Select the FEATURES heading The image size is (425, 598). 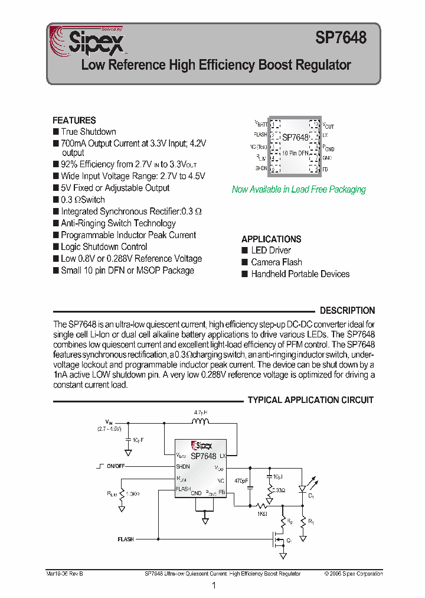tap(74, 121)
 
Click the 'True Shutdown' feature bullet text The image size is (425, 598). tap(89, 132)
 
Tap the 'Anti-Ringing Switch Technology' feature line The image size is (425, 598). tap(118, 223)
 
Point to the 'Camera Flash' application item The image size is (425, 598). tap(276, 262)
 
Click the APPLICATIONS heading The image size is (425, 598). tap(272, 239)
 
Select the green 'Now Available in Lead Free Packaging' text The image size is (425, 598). tap(299, 190)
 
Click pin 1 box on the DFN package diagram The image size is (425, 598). tap(275, 125)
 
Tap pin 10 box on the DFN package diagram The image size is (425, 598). tap(314, 125)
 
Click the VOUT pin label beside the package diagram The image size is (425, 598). tap(328, 125)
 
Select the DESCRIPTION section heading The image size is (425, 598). tap(347, 310)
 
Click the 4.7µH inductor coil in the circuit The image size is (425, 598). tap(201, 421)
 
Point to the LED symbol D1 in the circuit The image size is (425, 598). tap(302, 489)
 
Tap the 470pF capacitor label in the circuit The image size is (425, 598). tap(241, 481)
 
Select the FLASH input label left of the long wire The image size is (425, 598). tap(126, 539)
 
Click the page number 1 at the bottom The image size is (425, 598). tap(213, 586)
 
